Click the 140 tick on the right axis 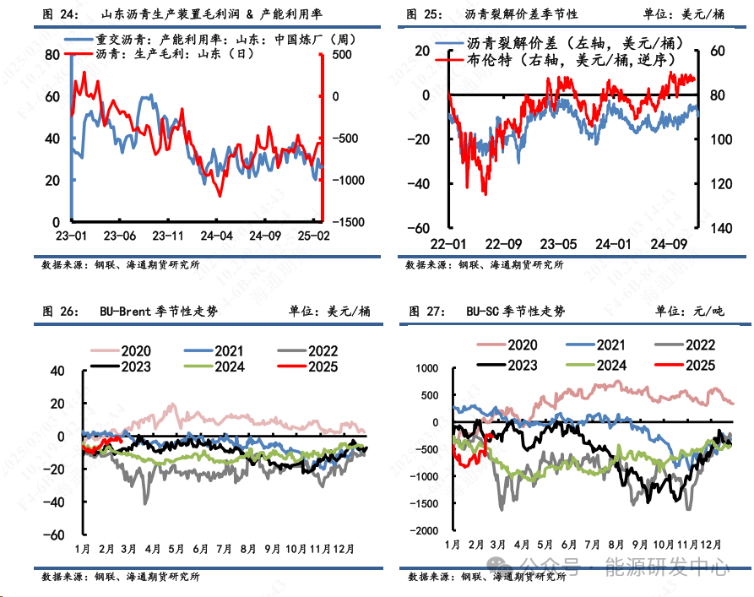click(718, 228)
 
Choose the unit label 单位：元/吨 click(689, 312)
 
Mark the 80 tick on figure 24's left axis click(52, 54)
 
